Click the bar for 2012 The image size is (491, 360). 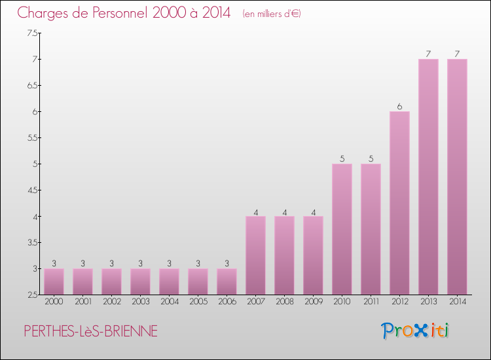(399, 203)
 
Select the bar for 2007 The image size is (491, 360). (255, 255)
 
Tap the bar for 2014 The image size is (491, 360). (457, 177)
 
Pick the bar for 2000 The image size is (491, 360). (54, 281)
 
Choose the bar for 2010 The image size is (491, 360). (342, 229)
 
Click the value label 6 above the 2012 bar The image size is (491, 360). (399, 106)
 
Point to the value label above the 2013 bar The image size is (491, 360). (428, 54)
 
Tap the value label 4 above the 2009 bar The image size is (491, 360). (313, 211)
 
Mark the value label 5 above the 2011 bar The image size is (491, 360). (371, 158)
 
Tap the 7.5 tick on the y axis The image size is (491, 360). (32, 33)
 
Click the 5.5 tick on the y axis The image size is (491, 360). (32, 137)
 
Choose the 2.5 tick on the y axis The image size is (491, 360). (32, 295)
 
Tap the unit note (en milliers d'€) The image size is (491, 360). (271, 14)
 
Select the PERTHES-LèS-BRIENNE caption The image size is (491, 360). (90, 332)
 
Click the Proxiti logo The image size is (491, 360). (415, 331)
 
